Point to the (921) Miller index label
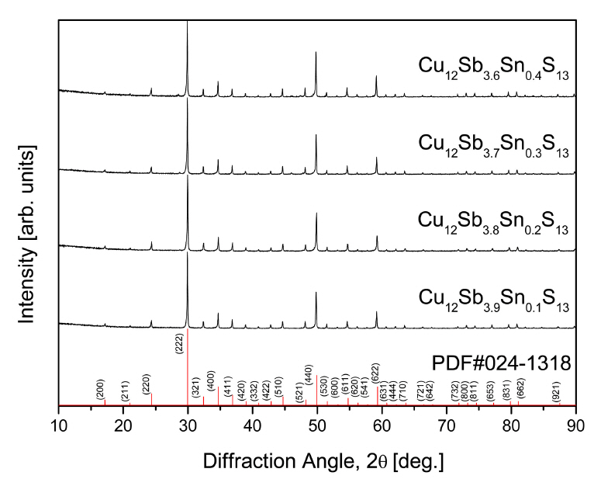pyautogui.click(x=556, y=391)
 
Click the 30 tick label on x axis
pyautogui.click(x=188, y=425)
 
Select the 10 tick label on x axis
pyautogui.click(x=59, y=425)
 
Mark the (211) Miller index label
pyautogui.click(x=125, y=391)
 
